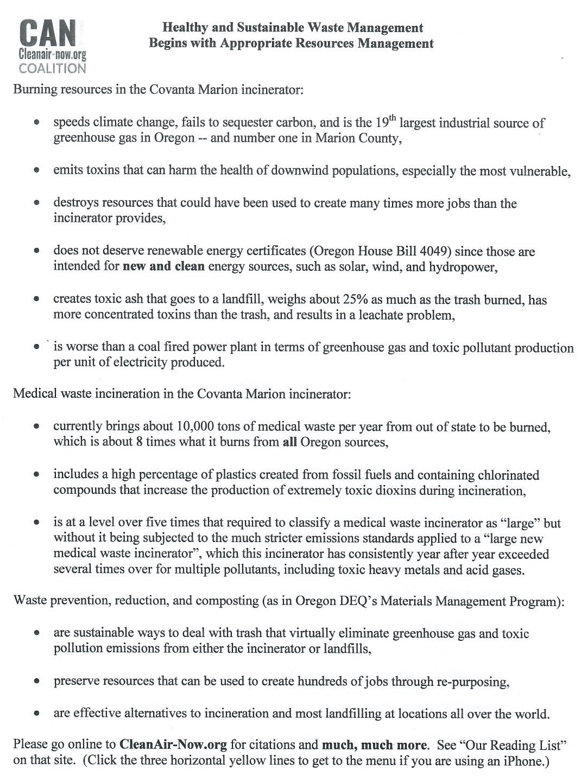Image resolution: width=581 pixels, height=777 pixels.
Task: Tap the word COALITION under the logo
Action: (x=52, y=68)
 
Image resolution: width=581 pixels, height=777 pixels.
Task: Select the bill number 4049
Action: (x=436, y=251)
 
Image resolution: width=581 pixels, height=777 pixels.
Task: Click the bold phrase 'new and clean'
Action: (x=164, y=267)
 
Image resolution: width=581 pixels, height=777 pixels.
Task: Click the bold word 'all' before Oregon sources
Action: (x=289, y=442)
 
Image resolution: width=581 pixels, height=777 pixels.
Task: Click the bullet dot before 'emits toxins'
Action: (x=36, y=171)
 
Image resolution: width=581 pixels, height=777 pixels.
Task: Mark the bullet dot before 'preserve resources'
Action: (x=36, y=682)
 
